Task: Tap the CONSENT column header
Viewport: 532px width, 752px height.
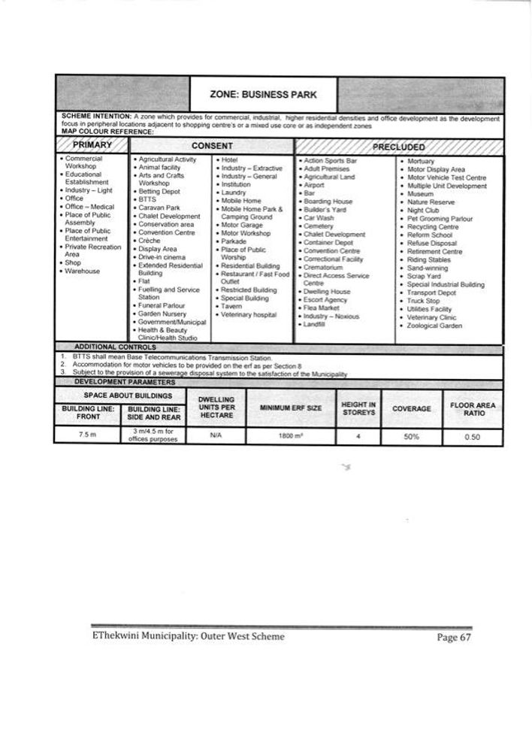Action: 212,145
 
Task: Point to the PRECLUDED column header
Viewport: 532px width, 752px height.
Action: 397,146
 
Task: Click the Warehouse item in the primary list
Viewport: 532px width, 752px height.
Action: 83,271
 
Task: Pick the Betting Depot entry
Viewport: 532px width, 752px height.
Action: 160,191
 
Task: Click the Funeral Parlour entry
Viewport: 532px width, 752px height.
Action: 165,305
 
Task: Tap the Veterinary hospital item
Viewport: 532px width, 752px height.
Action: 249,314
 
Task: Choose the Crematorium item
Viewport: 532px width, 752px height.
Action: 322,267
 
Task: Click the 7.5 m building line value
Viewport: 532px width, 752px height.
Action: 89,435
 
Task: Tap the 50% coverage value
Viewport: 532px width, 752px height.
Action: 411,436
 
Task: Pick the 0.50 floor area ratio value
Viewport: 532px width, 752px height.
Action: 472,436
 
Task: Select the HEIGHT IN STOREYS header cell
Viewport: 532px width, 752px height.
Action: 358,408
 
